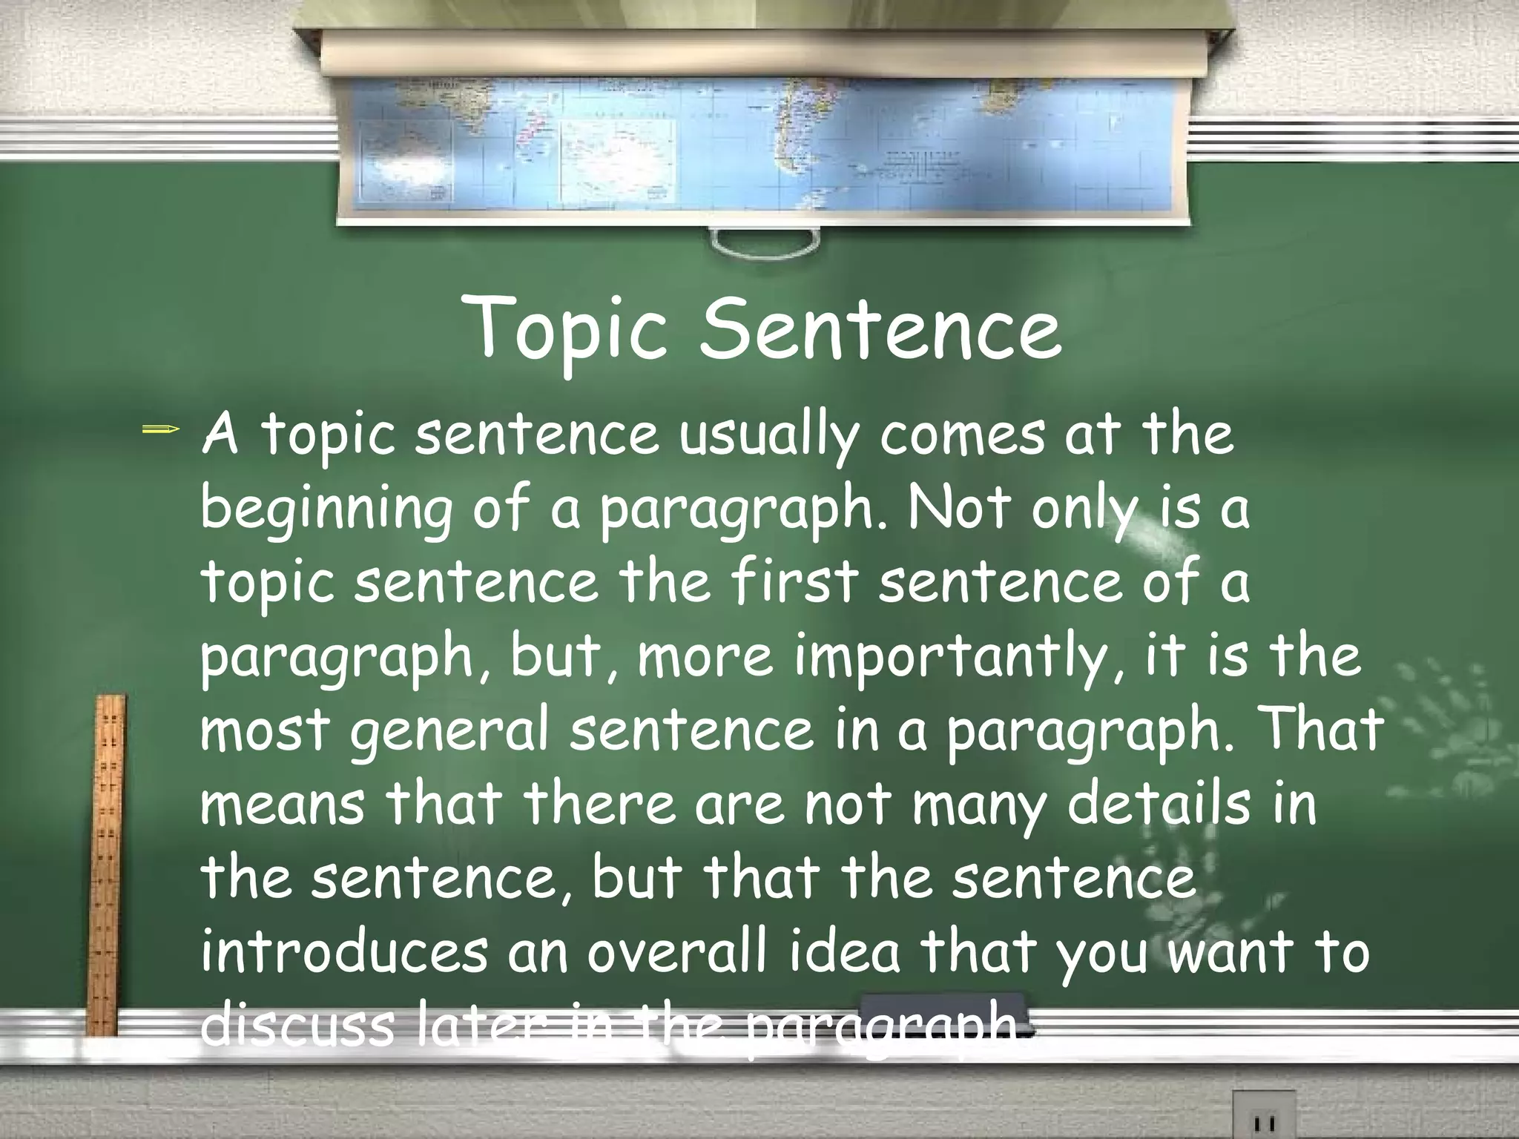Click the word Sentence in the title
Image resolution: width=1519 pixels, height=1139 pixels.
click(881, 328)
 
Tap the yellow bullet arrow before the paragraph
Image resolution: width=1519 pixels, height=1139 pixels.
click(159, 429)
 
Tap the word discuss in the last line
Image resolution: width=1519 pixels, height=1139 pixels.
click(296, 1026)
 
